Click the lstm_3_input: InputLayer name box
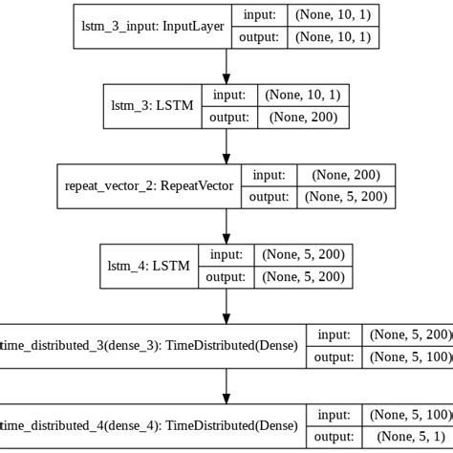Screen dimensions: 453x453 coord(150,28)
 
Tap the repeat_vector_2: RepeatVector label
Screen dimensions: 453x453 coord(150,186)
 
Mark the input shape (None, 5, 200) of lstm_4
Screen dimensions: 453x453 coord(304,256)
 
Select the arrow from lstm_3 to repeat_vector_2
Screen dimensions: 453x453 coord(226,146)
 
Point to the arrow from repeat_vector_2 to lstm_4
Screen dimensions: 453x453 coord(226,226)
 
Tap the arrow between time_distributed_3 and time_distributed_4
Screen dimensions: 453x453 coord(226,385)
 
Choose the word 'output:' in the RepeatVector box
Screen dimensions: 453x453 coord(271,197)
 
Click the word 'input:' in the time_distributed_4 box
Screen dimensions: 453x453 coord(334,415)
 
